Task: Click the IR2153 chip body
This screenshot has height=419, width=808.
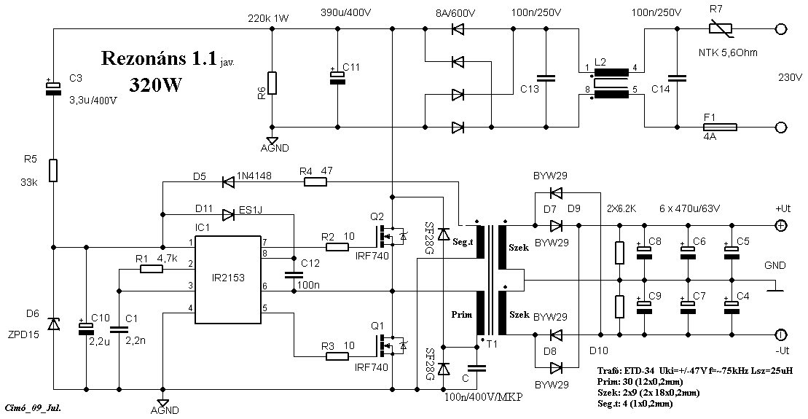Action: click(x=229, y=280)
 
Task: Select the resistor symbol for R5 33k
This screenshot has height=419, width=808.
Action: click(x=53, y=171)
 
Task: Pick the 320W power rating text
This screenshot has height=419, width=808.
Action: click(x=156, y=84)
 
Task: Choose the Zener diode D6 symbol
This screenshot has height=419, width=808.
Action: click(x=53, y=324)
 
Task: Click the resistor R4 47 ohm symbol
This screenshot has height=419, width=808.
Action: click(x=315, y=181)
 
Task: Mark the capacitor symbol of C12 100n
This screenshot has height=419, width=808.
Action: click(x=294, y=275)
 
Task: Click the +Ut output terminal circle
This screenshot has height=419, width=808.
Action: click(x=780, y=225)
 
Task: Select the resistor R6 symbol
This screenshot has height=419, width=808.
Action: click(x=272, y=83)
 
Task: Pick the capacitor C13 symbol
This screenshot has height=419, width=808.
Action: click(x=544, y=78)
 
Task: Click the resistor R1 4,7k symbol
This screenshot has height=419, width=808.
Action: click(x=151, y=269)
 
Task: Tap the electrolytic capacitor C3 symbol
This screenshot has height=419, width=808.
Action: click(x=53, y=88)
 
